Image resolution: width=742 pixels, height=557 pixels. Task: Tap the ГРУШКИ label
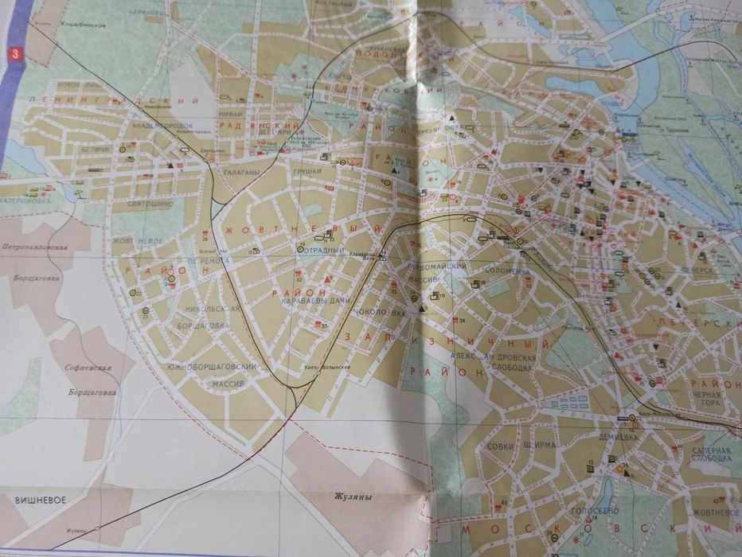(x=307, y=169)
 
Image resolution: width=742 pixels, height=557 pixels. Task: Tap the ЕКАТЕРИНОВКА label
(x=35, y=201)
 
